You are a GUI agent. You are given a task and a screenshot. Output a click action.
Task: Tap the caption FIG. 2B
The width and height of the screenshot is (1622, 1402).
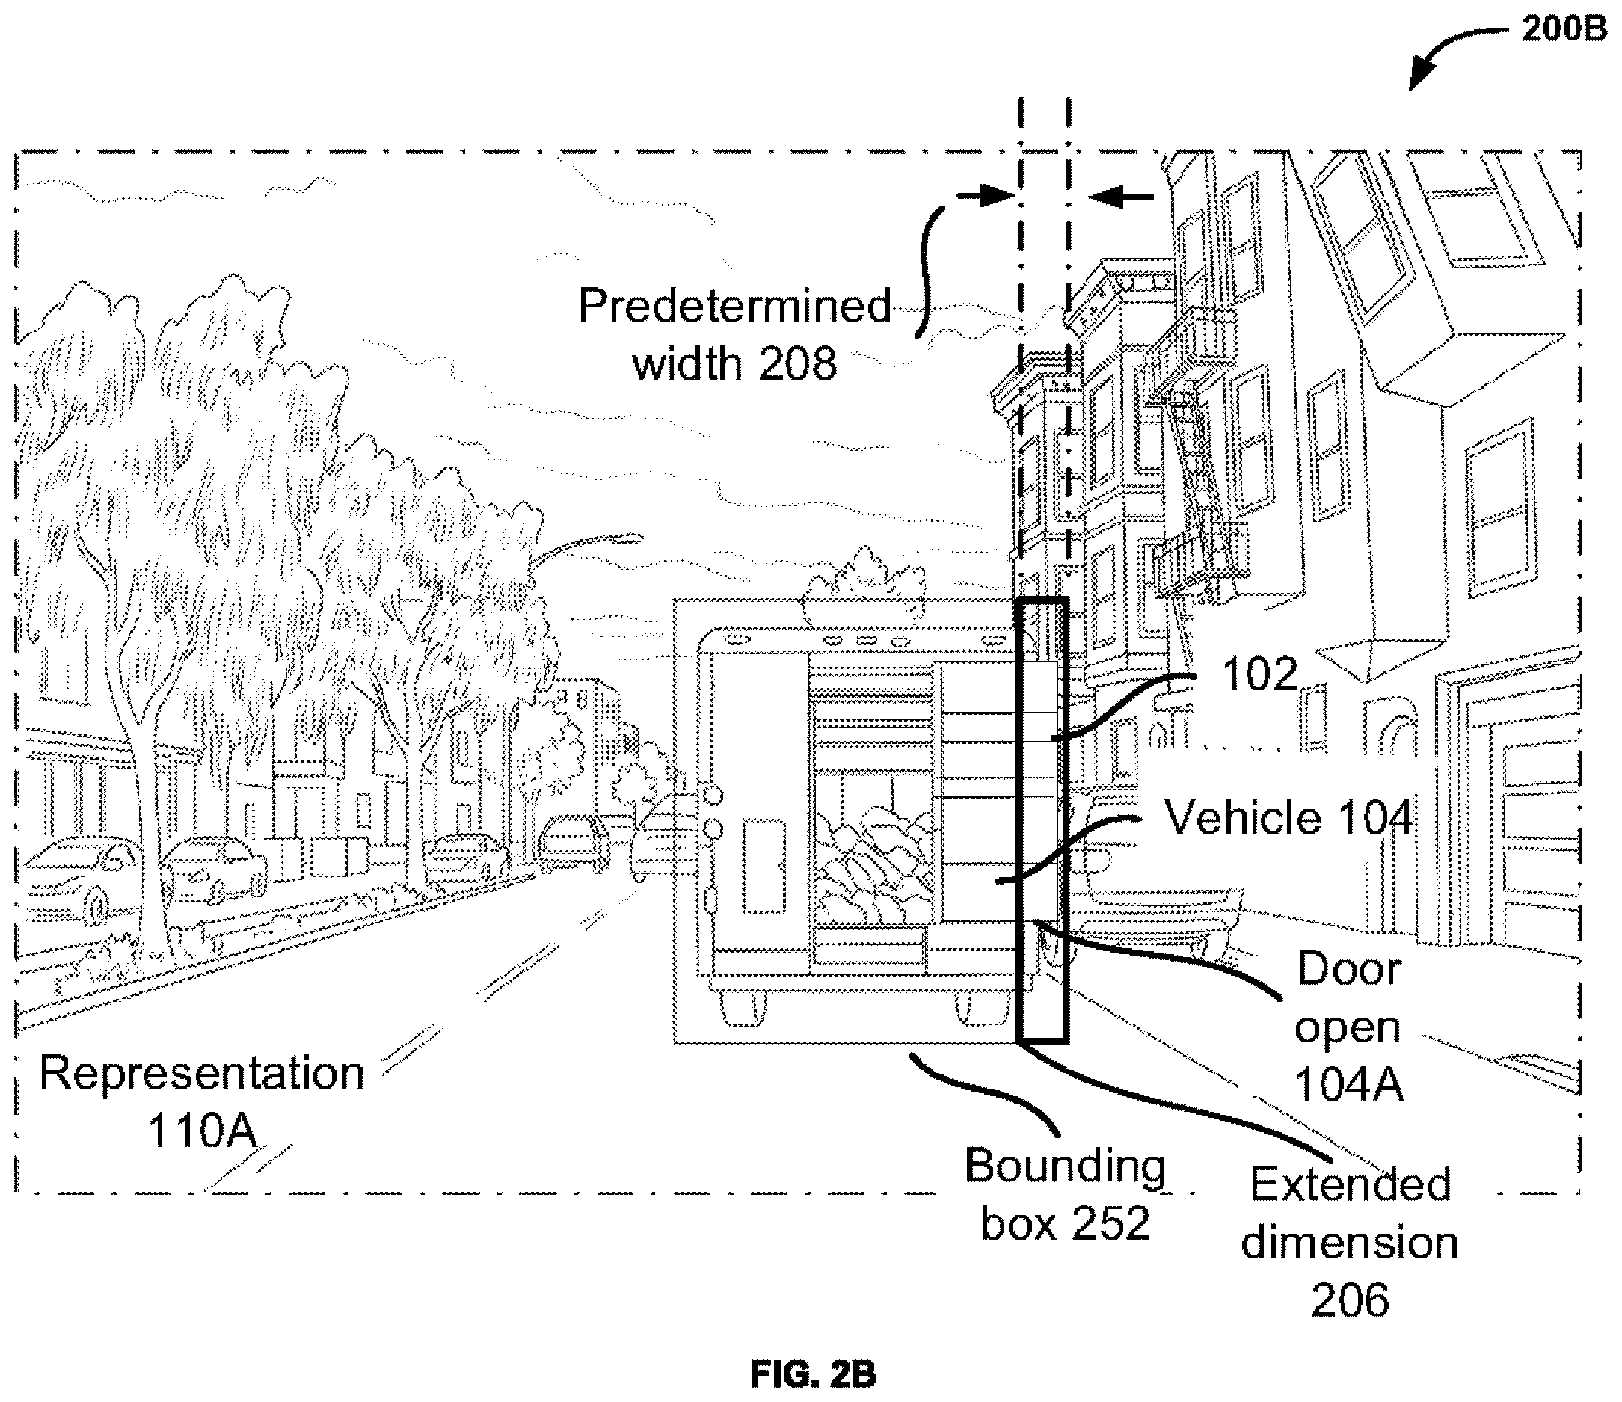click(x=814, y=1373)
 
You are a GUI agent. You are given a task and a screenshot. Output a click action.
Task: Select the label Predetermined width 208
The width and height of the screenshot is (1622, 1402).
click(x=734, y=334)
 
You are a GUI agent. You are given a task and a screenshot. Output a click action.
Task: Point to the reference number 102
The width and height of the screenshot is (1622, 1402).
click(x=1259, y=673)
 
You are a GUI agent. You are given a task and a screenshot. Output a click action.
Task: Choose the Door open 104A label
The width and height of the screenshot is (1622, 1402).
click(x=1348, y=1026)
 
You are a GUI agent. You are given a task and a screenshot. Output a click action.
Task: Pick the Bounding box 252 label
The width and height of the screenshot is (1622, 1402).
click(x=1065, y=1194)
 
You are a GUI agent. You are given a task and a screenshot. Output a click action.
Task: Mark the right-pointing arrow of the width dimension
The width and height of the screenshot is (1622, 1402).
click(x=985, y=196)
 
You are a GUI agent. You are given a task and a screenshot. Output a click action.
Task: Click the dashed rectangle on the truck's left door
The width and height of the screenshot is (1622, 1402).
click(x=763, y=866)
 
